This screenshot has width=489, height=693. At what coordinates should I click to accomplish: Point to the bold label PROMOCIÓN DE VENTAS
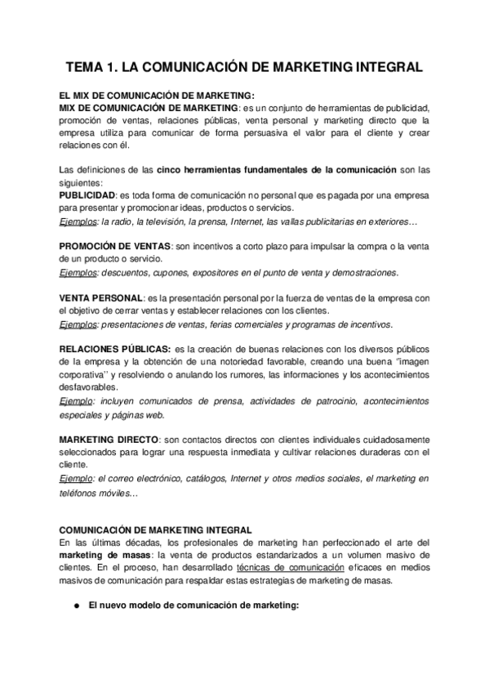point(115,246)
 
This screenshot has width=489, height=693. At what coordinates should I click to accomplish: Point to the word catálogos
point(181,479)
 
